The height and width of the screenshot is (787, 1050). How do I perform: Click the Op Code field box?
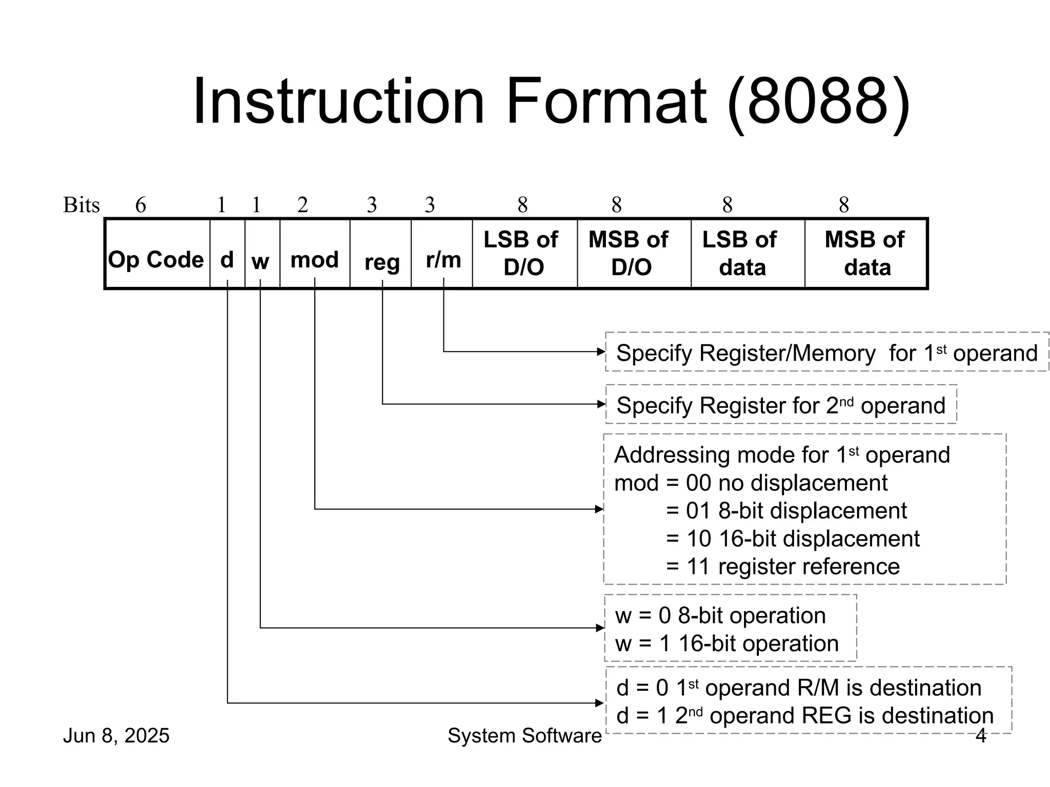click(x=156, y=254)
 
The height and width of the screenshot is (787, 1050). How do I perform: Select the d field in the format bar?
click(x=227, y=254)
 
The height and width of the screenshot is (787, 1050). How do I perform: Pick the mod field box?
click(x=315, y=254)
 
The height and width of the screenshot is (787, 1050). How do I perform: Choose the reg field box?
click(x=380, y=254)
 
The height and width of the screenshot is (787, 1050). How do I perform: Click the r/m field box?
click(x=442, y=254)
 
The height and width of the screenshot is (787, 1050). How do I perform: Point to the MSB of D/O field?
click(x=634, y=254)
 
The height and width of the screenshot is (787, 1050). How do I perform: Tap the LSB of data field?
click(x=748, y=254)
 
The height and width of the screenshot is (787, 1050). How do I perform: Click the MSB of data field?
click(x=865, y=254)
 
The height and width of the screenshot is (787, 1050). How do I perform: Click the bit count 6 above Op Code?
click(x=140, y=205)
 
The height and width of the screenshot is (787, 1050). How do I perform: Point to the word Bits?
click(x=81, y=205)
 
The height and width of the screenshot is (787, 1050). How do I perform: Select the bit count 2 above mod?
click(x=302, y=205)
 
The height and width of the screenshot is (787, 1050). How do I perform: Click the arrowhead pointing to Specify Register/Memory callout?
click(x=601, y=351)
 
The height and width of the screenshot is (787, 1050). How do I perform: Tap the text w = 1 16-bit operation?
click(x=726, y=644)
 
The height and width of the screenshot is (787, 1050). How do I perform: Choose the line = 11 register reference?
click(x=782, y=567)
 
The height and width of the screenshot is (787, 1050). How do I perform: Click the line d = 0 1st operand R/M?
click(x=798, y=688)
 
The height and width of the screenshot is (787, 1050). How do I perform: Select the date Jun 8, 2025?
click(x=116, y=736)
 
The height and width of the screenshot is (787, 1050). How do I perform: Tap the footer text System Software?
click(x=524, y=736)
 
